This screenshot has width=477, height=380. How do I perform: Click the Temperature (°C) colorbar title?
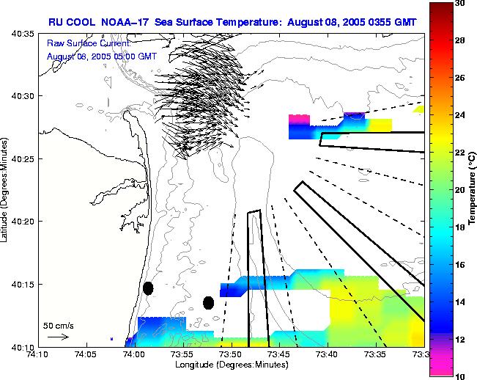pos(473,189)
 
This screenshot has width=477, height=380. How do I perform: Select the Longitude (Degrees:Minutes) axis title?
pos(231,365)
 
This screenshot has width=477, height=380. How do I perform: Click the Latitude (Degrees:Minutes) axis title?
pos(6,189)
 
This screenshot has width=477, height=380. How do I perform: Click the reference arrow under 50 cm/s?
pos(58,337)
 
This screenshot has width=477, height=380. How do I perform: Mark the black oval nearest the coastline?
pos(148,288)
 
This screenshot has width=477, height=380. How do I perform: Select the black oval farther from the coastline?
pos(208,302)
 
